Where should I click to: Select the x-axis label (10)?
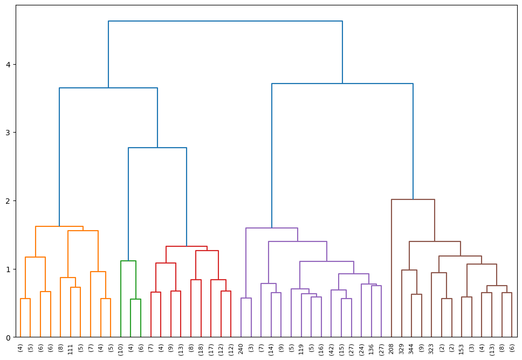click(121, 348)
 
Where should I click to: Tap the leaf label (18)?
click(201, 348)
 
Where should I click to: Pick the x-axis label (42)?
click(332, 348)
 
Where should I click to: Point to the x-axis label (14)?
click(271, 348)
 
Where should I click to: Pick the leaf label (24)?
click(362, 348)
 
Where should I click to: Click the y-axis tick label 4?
click(8, 65)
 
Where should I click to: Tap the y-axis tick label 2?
click(8, 201)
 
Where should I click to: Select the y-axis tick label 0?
click(8, 337)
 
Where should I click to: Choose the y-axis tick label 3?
click(8, 133)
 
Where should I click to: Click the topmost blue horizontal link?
click(225, 21)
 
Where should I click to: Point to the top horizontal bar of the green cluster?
click(128, 261)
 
